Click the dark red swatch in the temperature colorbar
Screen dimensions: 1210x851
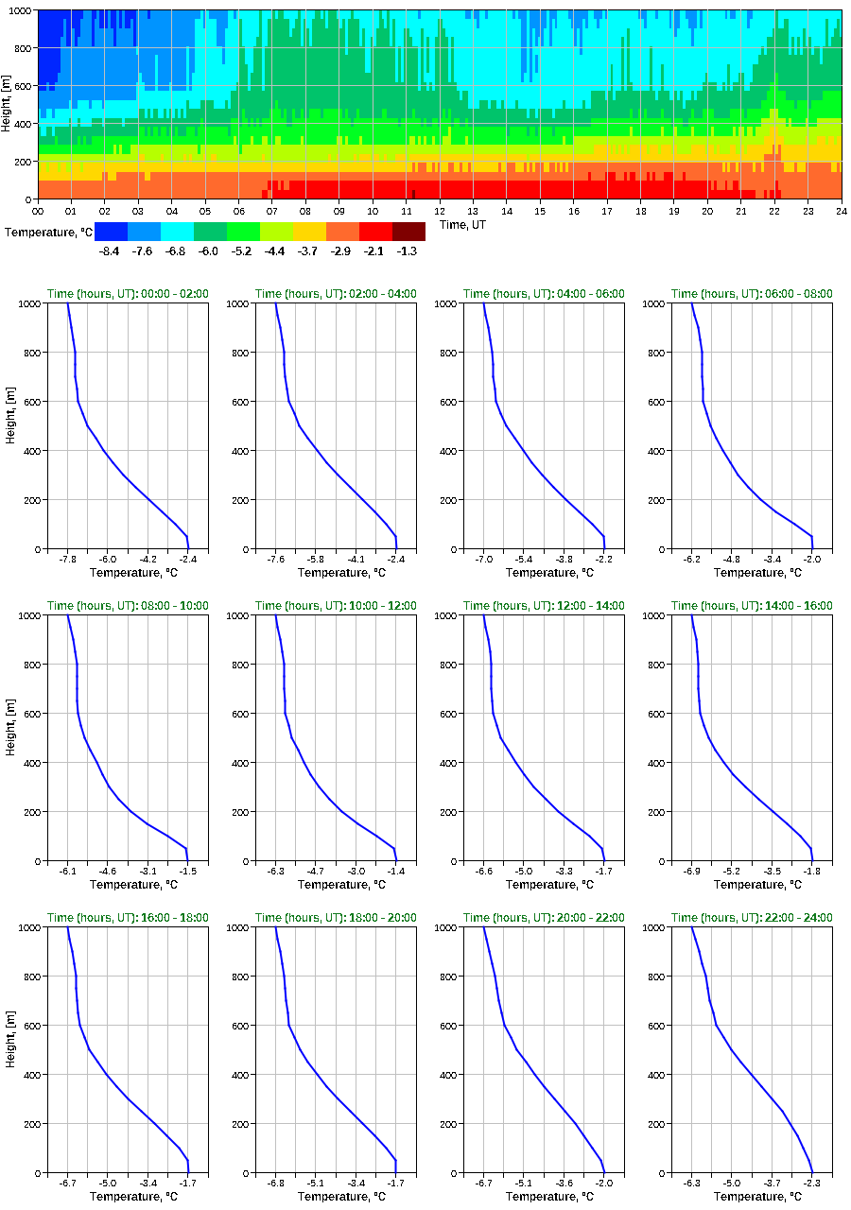(x=408, y=231)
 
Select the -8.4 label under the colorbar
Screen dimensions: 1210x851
(x=110, y=251)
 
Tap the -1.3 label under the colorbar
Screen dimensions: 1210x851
(x=408, y=251)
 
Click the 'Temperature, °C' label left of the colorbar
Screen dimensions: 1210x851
(x=47, y=232)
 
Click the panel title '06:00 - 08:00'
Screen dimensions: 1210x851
(x=752, y=293)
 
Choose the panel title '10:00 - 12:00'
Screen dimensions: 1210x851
(x=336, y=605)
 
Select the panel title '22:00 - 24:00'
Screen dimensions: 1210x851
(x=752, y=917)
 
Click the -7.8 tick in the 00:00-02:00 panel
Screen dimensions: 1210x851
(x=68, y=560)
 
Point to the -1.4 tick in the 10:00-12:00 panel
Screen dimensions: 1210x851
(x=395, y=872)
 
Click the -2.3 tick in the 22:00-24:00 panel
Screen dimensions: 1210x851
(x=811, y=1184)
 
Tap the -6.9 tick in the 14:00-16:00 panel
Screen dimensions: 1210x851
(x=692, y=872)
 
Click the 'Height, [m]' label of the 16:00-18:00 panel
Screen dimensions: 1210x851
(x=9, y=1049)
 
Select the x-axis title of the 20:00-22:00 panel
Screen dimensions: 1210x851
(x=544, y=1197)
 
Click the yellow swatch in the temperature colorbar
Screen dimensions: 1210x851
(x=309, y=231)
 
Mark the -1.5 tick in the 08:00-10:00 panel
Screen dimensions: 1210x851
(x=187, y=872)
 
